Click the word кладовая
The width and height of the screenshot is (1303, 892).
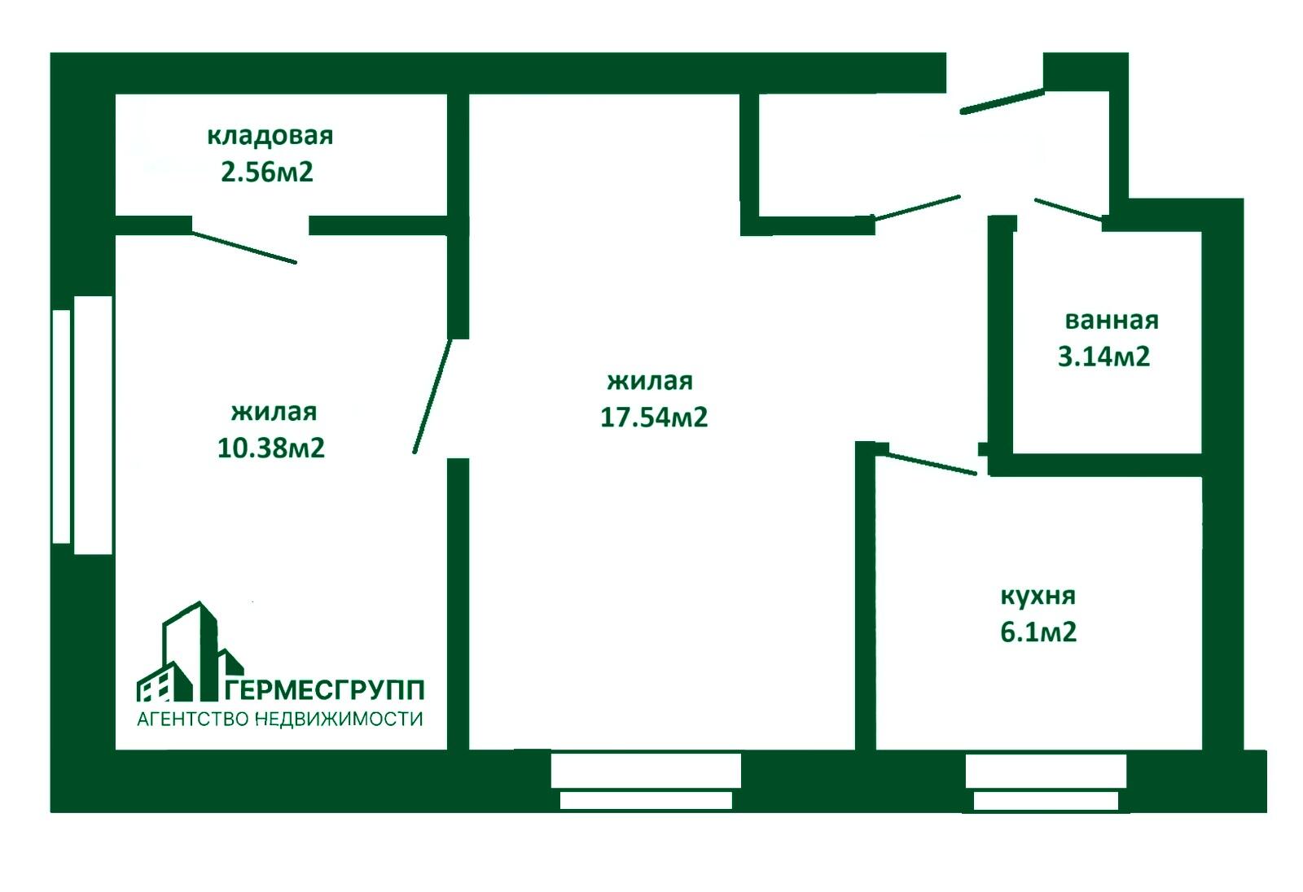270,135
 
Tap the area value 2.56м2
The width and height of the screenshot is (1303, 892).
267,173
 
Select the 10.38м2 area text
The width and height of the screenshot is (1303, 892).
271,448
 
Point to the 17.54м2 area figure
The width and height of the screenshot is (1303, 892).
654,417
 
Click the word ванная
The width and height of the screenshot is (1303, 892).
1112,320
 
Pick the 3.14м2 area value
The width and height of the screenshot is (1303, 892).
1103,356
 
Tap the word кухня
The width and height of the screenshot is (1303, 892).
1038,596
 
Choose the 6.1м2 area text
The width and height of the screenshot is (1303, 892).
1038,632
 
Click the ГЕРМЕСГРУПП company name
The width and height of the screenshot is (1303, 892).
324,690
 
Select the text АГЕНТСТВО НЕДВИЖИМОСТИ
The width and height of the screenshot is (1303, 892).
280,719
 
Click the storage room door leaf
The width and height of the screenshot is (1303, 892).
244,248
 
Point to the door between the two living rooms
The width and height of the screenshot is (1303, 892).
432,396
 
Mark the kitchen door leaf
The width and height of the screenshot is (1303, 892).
931,463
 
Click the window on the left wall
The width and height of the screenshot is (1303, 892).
82,425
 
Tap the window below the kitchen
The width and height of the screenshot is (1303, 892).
1046,781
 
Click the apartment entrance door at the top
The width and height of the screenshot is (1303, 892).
1002,101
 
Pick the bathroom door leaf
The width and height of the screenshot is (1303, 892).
1068,209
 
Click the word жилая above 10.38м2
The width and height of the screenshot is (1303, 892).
274,412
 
